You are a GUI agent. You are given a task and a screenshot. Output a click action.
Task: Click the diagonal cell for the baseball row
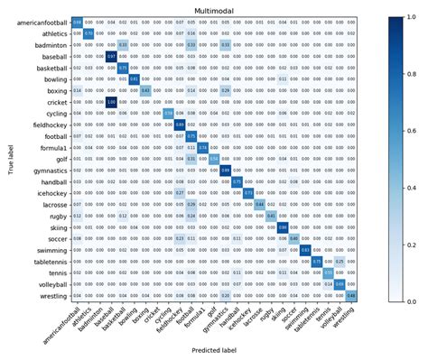click(x=112, y=56)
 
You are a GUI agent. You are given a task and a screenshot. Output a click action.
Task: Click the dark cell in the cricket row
click(x=112, y=101)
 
